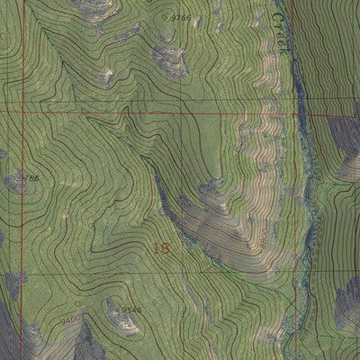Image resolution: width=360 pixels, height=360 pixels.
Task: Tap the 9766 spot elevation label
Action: [180, 17]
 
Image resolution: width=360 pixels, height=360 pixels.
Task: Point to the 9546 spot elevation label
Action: [131, 310]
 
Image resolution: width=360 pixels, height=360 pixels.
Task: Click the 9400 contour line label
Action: [71, 318]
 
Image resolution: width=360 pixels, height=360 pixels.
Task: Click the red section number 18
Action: [160, 248]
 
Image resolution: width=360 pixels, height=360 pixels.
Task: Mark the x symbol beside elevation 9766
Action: [165, 17]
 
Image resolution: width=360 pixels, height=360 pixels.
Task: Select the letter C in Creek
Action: [277, 18]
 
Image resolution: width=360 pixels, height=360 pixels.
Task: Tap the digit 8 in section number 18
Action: [165, 248]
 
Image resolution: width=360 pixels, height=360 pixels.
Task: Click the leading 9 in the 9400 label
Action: [64, 318]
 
